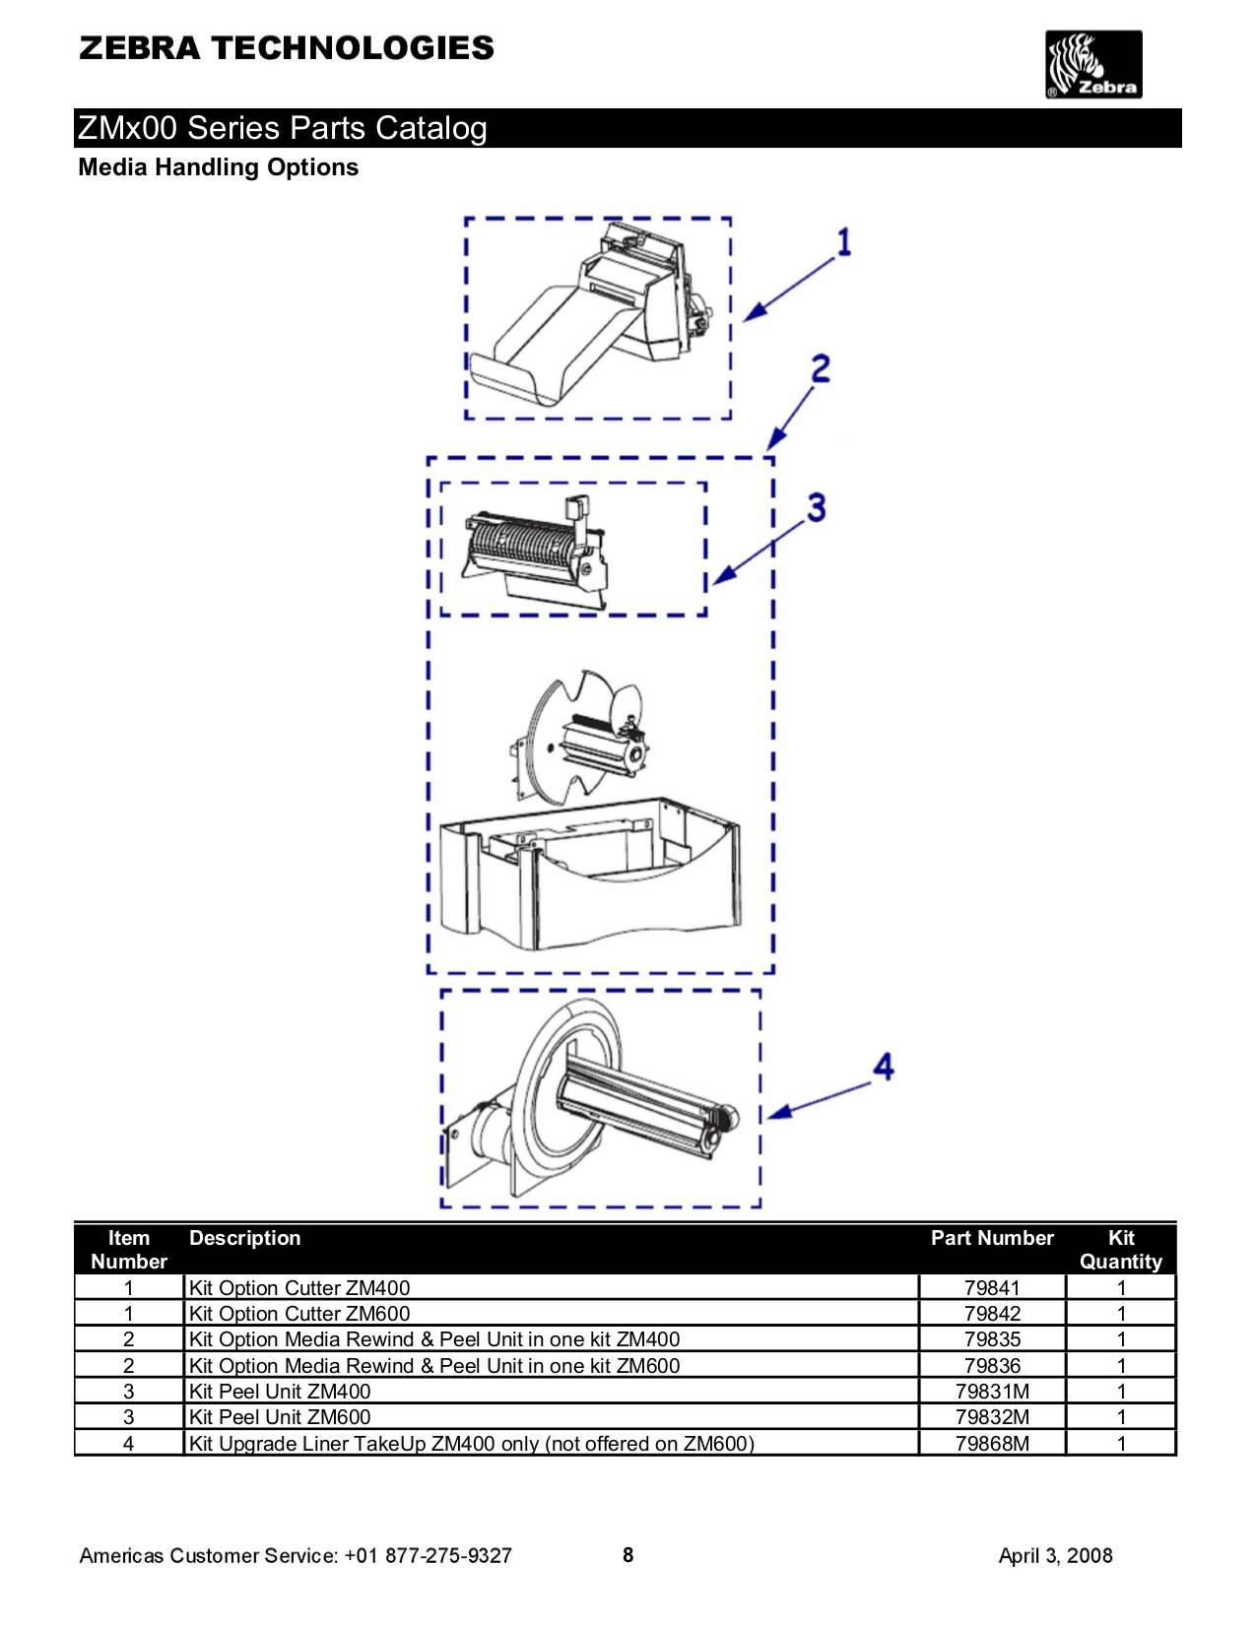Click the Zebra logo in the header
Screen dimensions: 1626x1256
pyautogui.click(x=1092, y=65)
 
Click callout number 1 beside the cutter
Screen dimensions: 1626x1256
pyautogui.click(x=843, y=242)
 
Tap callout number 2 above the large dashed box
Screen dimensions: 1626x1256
pyautogui.click(x=820, y=369)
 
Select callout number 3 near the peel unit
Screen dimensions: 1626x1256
pyautogui.click(x=816, y=508)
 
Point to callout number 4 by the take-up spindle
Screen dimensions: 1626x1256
pyautogui.click(x=883, y=1067)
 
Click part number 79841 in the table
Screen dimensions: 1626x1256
pyautogui.click(x=991, y=1287)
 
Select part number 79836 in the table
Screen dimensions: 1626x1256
pyautogui.click(x=991, y=1365)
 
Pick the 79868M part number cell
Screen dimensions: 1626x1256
pyautogui.click(x=991, y=1443)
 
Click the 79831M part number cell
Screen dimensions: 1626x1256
pyautogui.click(x=991, y=1391)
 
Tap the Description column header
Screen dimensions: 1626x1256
pyautogui.click(x=244, y=1238)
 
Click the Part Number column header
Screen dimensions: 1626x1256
pyautogui.click(x=991, y=1238)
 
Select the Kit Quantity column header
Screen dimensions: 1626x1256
pyautogui.click(x=1120, y=1250)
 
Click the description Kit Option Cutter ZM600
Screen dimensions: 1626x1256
pyautogui.click(x=298, y=1314)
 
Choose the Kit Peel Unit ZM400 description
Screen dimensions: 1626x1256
pyautogui.click(x=279, y=1391)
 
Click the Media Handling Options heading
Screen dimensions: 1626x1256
pyautogui.click(x=218, y=167)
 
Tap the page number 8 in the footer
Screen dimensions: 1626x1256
pyautogui.click(x=628, y=1555)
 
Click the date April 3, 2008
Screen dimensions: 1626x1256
pyautogui.click(x=1055, y=1556)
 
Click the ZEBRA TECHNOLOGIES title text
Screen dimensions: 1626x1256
pyautogui.click(x=286, y=48)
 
